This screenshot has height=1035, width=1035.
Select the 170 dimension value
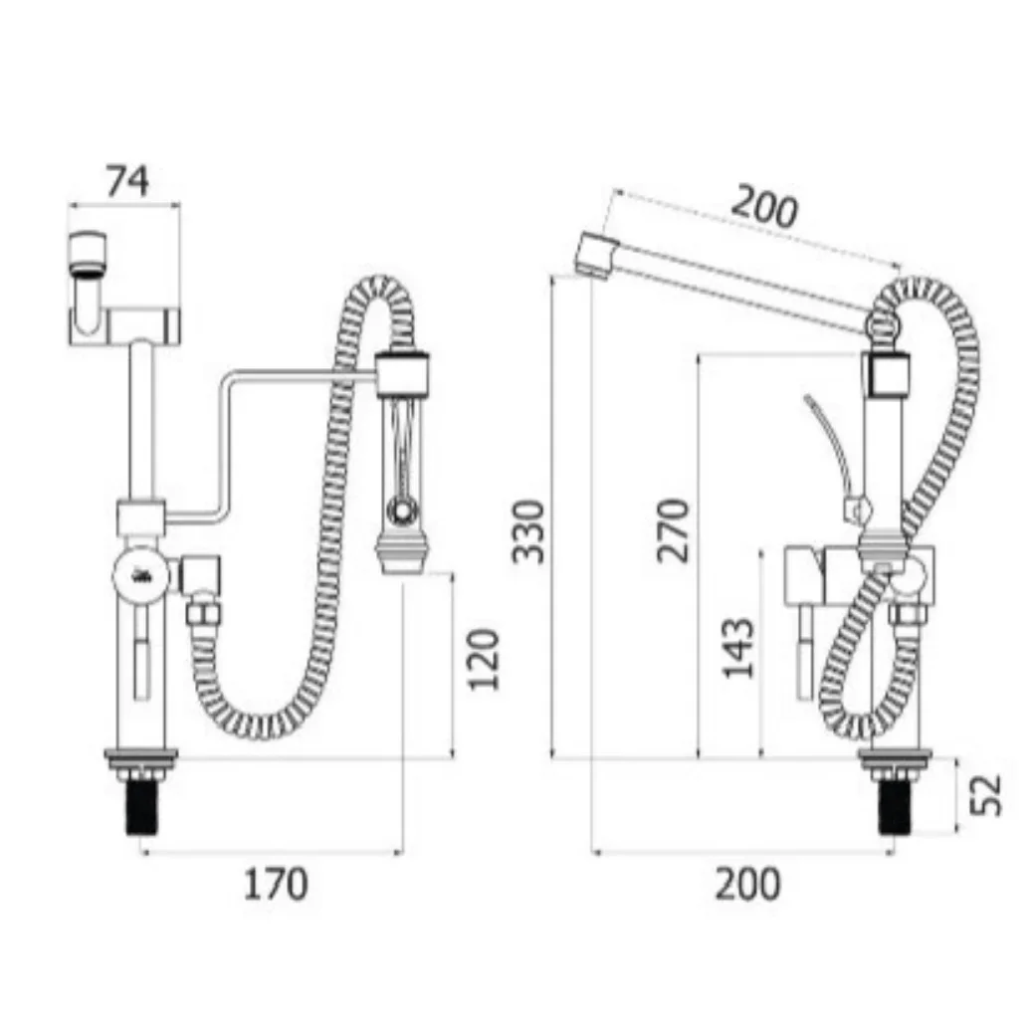coord(276,885)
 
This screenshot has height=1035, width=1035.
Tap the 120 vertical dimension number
coord(483,660)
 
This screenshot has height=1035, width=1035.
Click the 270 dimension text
coord(672,530)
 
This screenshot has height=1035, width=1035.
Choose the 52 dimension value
coord(985,795)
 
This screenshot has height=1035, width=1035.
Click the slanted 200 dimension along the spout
coord(764,207)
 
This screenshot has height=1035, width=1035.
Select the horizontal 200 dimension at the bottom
coord(747,885)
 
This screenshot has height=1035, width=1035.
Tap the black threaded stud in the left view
coord(142,807)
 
